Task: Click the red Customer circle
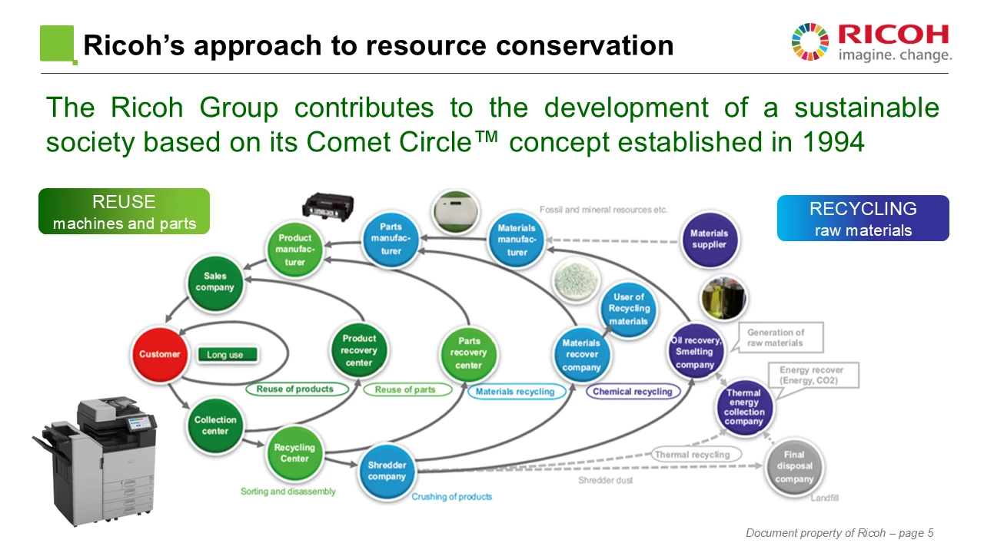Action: [159, 354]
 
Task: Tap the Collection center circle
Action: [215, 425]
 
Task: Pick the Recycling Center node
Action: [294, 453]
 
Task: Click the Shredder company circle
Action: [386, 471]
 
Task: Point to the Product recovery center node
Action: [359, 350]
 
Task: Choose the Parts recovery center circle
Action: [469, 353]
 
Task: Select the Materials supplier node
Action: [708, 239]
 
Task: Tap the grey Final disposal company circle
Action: [793, 467]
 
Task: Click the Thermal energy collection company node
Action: [743, 407]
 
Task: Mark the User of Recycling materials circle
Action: [629, 308]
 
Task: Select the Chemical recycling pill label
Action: [632, 392]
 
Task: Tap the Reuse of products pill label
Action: [295, 389]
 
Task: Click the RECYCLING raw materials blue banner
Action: [863, 218]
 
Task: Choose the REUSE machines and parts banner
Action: [124, 211]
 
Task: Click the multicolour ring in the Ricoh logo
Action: [810, 42]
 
